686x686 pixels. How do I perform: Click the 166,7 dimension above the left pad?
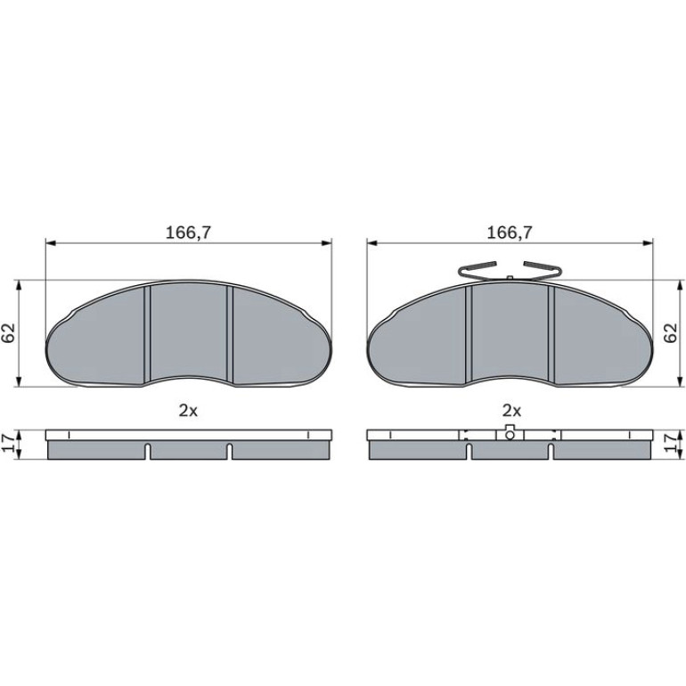coord(188,233)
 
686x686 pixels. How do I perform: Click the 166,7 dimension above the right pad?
coord(510,233)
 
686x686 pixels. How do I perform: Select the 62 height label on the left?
coord(9,333)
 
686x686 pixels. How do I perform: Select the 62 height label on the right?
coord(670,333)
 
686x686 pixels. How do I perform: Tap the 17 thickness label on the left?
coord(9,445)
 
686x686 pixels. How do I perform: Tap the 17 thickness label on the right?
coord(670,445)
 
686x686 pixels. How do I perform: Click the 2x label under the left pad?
coord(188,411)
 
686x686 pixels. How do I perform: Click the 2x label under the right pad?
coord(512,411)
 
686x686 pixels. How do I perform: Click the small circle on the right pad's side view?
coord(510,435)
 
